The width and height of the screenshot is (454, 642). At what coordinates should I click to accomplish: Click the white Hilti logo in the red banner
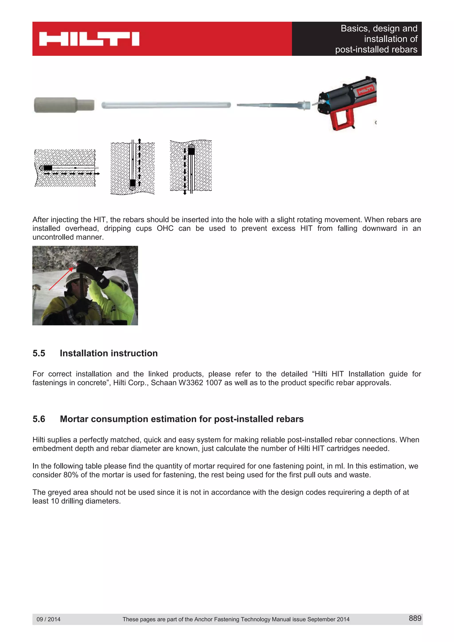tap(89, 39)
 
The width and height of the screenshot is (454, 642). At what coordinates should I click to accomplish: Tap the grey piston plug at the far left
tap(64, 105)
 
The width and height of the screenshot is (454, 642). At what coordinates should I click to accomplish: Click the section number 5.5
tap(39, 353)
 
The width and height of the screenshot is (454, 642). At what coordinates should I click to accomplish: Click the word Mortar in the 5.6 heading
tap(74, 419)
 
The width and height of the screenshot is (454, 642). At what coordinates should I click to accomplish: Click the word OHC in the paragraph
tap(165, 228)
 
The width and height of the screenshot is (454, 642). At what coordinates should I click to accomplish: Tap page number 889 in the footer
tap(415, 618)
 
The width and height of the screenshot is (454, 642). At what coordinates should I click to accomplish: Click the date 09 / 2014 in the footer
tap(48, 619)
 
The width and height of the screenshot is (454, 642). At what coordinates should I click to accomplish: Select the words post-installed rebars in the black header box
tap(376, 49)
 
